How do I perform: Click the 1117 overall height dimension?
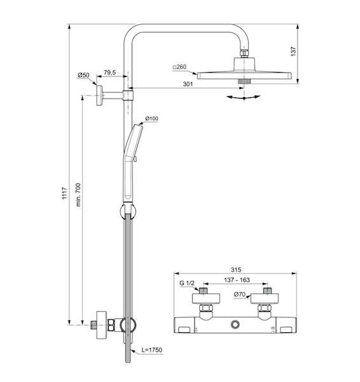(x=64, y=193)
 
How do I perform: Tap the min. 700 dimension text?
(x=78, y=195)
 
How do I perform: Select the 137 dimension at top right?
(x=293, y=52)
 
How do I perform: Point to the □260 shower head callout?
(x=179, y=67)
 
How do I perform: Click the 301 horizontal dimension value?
(x=188, y=84)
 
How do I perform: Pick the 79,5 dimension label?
(x=110, y=73)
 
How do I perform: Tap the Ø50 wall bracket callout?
(x=83, y=75)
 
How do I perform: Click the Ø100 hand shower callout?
(x=151, y=118)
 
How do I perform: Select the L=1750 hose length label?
(x=152, y=350)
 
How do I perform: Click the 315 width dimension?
(x=236, y=270)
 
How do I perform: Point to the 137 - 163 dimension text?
(x=237, y=280)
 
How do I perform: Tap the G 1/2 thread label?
(x=187, y=283)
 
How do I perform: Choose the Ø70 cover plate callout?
(x=240, y=295)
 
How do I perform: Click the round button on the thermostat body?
(x=235, y=325)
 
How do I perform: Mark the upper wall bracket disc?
(x=99, y=95)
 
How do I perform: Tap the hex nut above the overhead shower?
(x=244, y=53)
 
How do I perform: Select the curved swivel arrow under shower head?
(x=244, y=97)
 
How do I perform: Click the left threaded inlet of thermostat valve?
(x=203, y=291)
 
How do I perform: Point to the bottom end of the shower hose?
(x=128, y=361)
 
